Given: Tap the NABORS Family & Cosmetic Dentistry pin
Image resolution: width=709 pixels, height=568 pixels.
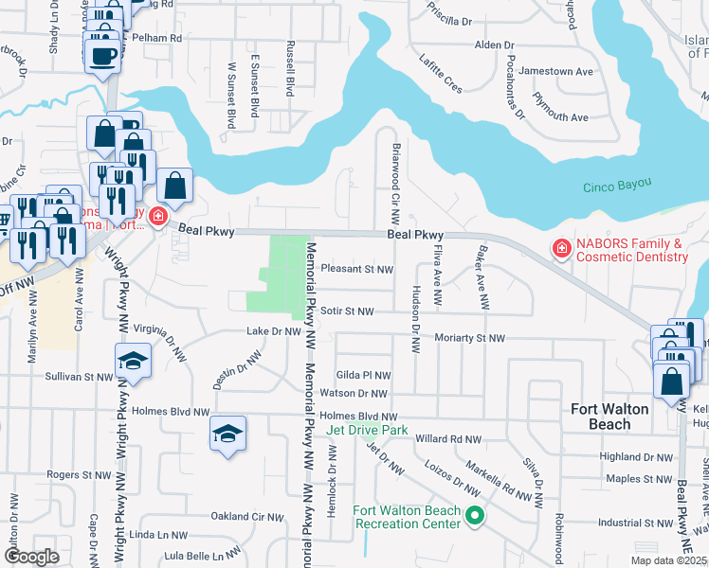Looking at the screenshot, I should click(x=562, y=249).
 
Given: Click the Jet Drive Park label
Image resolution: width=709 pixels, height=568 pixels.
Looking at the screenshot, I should click(x=367, y=430).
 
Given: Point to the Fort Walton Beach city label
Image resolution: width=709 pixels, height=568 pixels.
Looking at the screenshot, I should click(x=609, y=416).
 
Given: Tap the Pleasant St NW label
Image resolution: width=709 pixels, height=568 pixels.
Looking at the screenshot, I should click(x=356, y=269).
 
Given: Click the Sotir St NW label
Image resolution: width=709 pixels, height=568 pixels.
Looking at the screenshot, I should click(x=347, y=311).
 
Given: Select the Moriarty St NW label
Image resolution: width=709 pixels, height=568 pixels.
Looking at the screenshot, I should click(x=469, y=337).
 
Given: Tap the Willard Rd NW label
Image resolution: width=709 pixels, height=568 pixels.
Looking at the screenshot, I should click(x=448, y=439).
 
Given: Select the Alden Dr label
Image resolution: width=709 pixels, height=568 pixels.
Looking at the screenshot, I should click(x=494, y=44).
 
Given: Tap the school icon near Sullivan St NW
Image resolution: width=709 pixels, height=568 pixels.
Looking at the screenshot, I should click(x=133, y=361).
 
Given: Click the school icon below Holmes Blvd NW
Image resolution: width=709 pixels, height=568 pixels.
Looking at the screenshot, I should click(x=227, y=434).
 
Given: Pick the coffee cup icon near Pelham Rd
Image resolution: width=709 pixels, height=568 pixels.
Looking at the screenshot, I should click(x=102, y=54).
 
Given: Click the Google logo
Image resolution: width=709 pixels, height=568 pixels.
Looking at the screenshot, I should click(x=31, y=557).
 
